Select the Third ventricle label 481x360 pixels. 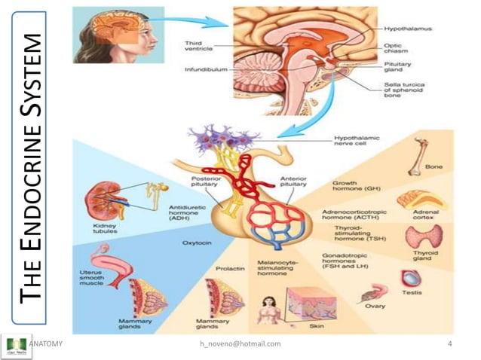click(201, 47)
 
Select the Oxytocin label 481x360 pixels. click(196, 243)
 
